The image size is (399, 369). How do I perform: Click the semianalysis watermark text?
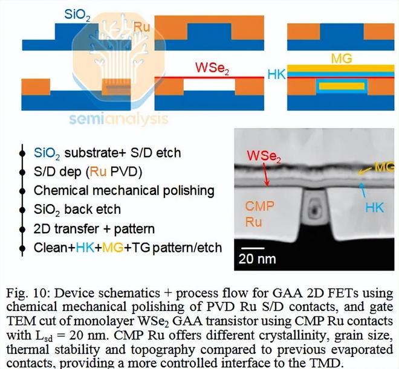click(118, 118)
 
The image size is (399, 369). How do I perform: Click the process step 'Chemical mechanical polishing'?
click(124, 191)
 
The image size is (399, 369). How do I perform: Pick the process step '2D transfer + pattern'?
click(94, 228)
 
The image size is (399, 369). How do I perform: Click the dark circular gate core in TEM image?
click(313, 213)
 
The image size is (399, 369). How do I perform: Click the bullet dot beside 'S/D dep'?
click(23, 172)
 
